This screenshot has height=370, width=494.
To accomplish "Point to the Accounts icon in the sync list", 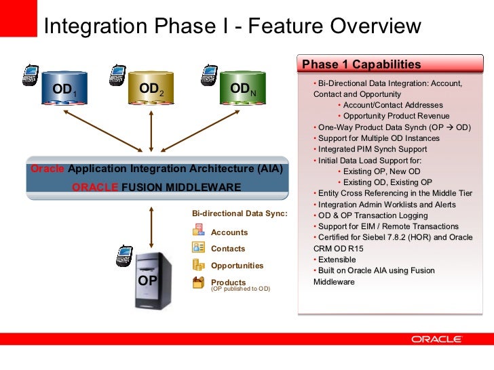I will (x=198, y=232).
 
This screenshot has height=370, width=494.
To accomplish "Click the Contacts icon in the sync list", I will (x=198, y=248).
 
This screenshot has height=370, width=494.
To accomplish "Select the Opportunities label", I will (x=237, y=266).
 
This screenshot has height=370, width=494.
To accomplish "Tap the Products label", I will (x=228, y=282).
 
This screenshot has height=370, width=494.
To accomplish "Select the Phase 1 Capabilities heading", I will (x=361, y=64).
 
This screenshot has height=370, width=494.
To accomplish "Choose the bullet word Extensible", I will (x=337, y=260).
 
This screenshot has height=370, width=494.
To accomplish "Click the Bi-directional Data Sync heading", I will (x=240, y=213).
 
